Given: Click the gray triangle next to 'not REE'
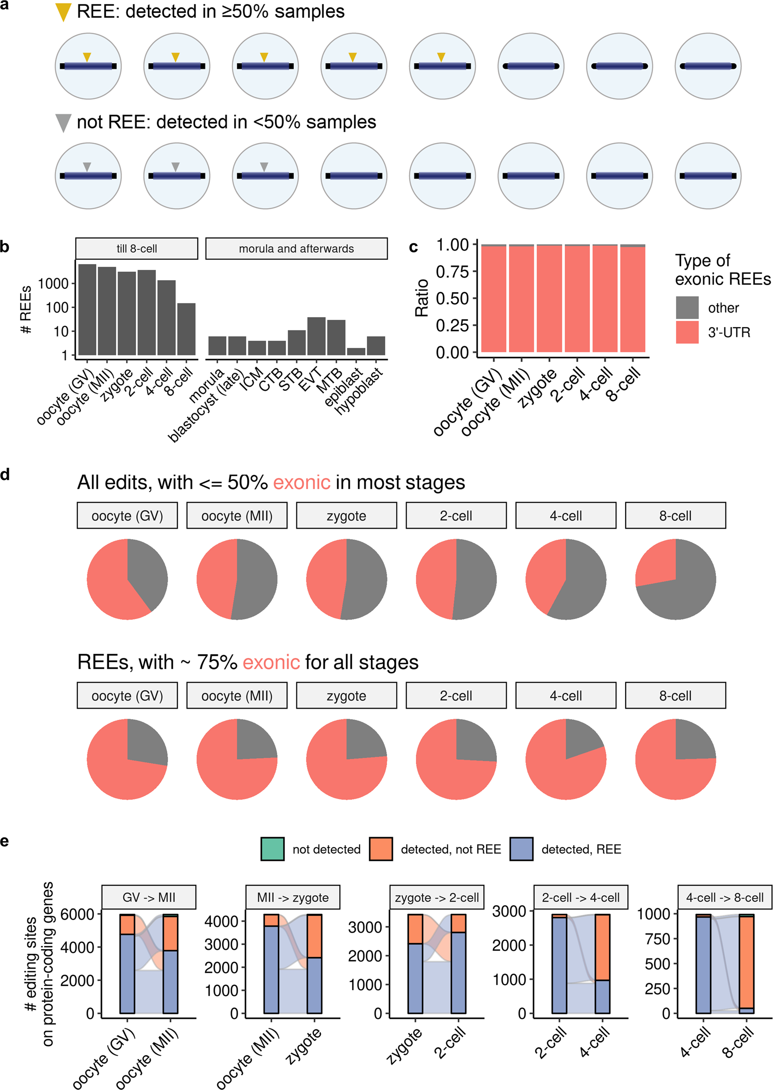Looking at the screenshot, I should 63,122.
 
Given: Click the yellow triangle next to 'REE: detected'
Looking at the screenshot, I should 63,12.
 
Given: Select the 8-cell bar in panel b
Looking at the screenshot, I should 186,329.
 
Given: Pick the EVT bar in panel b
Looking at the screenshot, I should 316,336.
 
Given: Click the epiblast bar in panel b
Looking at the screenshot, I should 356,352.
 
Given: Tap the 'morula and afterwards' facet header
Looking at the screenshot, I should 296,249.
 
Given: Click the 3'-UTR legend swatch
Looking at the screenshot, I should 687,332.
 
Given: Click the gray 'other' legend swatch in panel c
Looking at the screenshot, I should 687,308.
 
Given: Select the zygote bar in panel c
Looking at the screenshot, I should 549,298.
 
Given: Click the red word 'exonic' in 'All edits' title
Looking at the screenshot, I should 301,483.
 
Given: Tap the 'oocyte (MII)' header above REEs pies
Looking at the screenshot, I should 237,696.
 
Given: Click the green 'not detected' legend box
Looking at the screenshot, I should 273,849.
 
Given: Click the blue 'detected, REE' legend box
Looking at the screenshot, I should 521,849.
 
